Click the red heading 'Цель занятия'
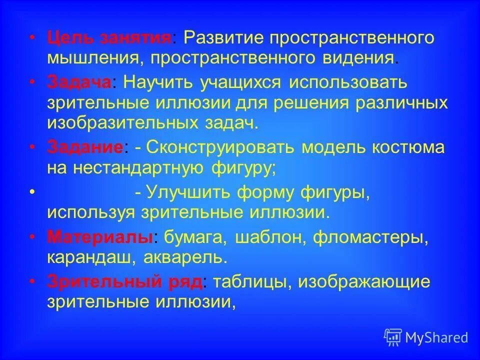(x=109, y=38)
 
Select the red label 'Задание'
(x=85, y=148)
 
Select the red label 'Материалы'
(x=99, y=237)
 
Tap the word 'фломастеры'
(x=369, y=237)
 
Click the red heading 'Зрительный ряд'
(x=125, y=281)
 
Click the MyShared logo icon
(x=393, y=337)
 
